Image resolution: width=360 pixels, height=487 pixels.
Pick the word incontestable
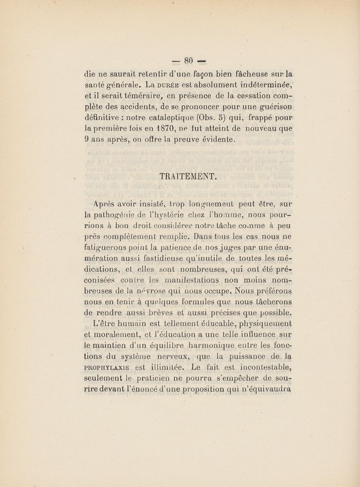[x=259, y=371]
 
